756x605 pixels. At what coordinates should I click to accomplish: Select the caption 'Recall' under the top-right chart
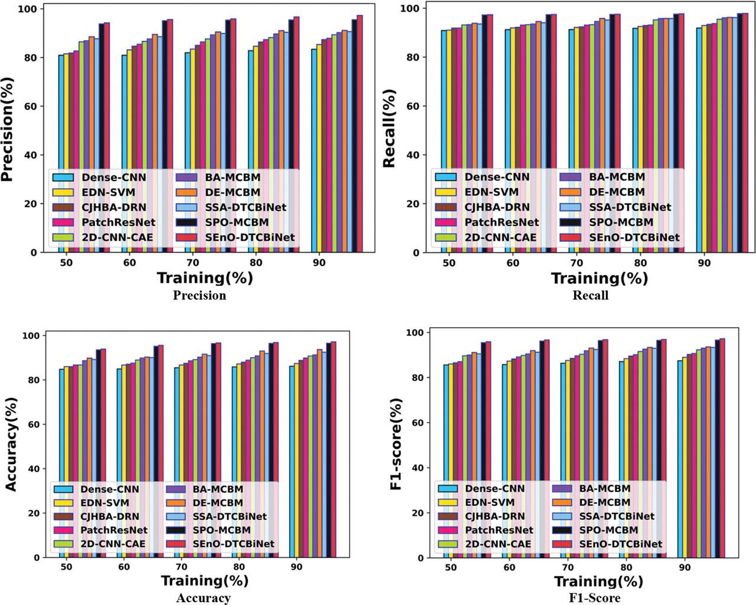tap(591, 295)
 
